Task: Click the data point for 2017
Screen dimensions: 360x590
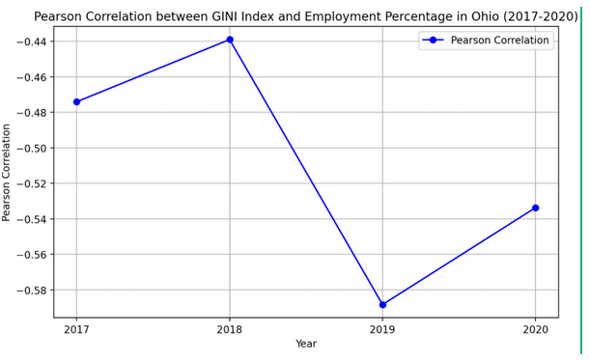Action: click(76, 101)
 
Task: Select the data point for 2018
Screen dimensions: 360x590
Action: click(230, 40)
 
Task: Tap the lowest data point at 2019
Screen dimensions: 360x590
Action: click(382, 305)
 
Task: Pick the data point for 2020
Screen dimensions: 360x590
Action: click(536, 208)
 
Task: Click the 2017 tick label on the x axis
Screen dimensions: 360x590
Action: click(76, 330)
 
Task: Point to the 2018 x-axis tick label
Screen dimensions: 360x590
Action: click(230, 330)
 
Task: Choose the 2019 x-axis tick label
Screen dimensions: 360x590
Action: click(382, 330)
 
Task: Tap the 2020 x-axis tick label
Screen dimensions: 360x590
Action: click(536, 330)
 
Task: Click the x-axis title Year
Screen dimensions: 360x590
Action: click(306, 345)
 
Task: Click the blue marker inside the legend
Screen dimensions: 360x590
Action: click(435, 41)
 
